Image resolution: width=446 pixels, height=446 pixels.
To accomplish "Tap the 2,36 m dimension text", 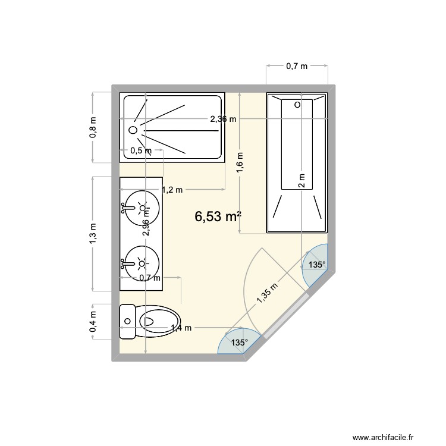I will click(x=223, y=119).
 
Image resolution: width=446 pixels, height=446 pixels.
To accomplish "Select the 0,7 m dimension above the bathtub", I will click(x=297, y=67).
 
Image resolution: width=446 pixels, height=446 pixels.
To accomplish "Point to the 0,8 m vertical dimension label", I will click(x=93, y=127).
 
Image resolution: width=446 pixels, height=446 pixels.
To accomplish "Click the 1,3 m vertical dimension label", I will click(x=93, y=233).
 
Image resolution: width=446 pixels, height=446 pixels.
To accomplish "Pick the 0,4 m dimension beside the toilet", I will click(x=93, y=322).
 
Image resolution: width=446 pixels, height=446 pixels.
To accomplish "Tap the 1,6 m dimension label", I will click(x=239, y=162).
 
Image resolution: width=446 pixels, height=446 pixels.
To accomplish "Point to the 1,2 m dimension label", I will click(x=172, y=190).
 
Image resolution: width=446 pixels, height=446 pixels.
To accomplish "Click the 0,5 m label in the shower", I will click(x=140, y=150).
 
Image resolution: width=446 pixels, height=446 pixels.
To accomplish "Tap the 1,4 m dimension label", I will click(x=181, y=327).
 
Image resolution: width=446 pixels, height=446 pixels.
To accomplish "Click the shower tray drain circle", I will click(x=133, y=129).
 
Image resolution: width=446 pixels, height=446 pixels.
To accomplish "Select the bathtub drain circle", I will click(x=297, y=105).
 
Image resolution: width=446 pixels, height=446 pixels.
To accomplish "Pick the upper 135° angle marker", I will click(x=316, y=265).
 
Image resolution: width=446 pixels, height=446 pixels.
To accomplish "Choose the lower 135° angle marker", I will click(x=239, y=343).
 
